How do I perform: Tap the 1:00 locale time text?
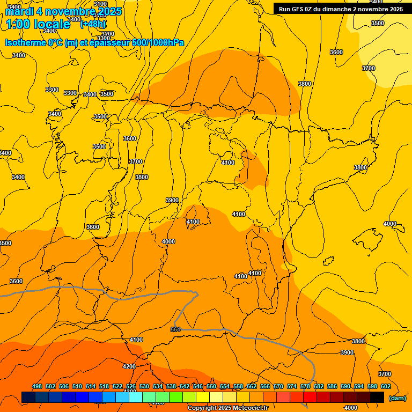38,24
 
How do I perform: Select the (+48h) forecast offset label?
93,24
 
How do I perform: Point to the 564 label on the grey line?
175,329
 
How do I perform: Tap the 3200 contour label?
107,34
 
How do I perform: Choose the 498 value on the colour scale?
37,386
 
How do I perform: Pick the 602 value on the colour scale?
386,386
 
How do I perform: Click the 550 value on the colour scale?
211,386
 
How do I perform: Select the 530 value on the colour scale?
144,386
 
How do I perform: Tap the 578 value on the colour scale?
305,386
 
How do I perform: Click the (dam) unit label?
397,398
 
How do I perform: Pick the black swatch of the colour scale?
377,397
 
